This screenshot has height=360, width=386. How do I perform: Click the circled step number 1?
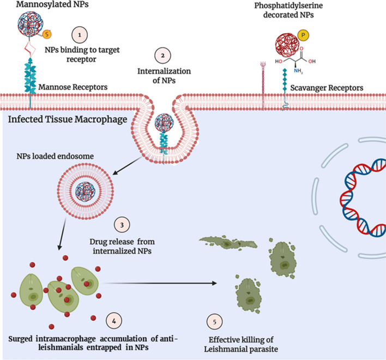tap(80, 35)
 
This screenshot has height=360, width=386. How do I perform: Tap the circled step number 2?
tap(162, 56)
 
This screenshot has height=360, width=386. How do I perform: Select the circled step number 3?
tap(122, 225)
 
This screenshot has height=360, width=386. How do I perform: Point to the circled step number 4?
tap(114, 321)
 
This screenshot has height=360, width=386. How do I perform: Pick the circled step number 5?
tap(214, 322)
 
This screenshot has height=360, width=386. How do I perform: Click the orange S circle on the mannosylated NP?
tap(47, 34)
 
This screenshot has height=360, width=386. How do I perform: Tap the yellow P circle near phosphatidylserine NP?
tap(303, 35)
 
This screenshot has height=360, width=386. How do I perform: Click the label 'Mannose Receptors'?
tap(73, 87)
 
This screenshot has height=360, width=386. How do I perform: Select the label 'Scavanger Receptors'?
tap(327, 88)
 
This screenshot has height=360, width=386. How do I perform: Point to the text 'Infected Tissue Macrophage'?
tap(68, 119)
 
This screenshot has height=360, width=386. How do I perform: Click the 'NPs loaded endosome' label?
tap(55, 156)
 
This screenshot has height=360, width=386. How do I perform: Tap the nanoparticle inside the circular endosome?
tap(86, 191)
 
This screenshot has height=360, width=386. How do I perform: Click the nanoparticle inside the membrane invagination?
tap(164, 123)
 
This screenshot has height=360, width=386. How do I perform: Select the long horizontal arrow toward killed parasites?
tap(160, 283)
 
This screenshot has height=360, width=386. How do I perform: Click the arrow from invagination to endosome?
tap(127, 166)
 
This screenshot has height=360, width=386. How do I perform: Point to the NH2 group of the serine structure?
tap(298, 71)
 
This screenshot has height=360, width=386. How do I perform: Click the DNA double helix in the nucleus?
tap(363, 198)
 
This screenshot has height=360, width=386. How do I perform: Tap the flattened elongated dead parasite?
tap(228, 242)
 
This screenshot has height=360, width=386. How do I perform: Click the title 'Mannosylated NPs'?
tap(52, 4)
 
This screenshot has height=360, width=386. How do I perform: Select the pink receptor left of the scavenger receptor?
tap(263, 85)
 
